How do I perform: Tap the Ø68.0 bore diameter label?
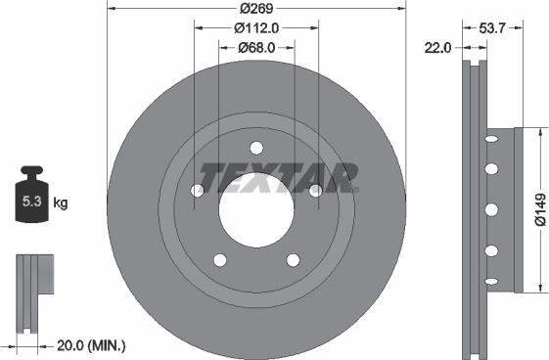tap(256, 48)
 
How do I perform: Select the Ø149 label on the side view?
tap(539, 208)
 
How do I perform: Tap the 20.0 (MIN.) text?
tap(92, 345)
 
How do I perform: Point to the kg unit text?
tap(61, 203)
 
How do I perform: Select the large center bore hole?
tap(255, 210)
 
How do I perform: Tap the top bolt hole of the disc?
tap(255, 149)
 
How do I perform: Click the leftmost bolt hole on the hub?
tap(197, 191)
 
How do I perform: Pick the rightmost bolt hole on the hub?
tap(315, 191)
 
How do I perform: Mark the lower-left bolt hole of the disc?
tap(219, 260)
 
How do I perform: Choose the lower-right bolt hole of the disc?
tap(293, 260)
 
